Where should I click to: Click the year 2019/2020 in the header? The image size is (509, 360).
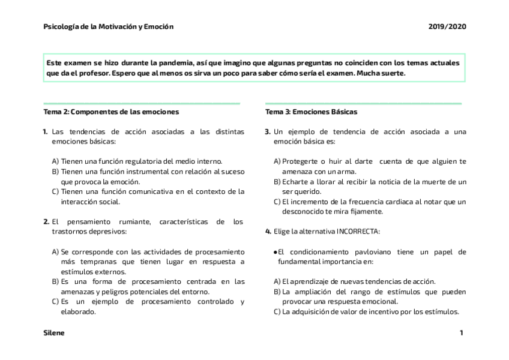[x=447, y=26]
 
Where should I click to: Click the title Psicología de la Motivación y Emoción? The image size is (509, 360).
[x=109, y=26]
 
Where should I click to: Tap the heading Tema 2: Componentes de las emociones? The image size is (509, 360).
[x=111, y=112]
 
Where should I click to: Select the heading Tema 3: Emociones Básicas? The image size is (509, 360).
[x=311, y=112]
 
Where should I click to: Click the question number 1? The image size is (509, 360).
[x=46, y=131]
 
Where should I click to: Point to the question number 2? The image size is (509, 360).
[x=46, y=221]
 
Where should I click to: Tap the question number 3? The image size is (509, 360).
[x=268, y=131]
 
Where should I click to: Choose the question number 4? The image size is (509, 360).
[x=268, y=231]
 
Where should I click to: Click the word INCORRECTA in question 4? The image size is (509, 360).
[x=358, y=231]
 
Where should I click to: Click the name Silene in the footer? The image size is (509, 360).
[x=54, y=332]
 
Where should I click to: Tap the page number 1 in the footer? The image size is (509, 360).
[x=461, y=332]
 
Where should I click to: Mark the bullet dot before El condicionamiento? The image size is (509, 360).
[x=275, y=252]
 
